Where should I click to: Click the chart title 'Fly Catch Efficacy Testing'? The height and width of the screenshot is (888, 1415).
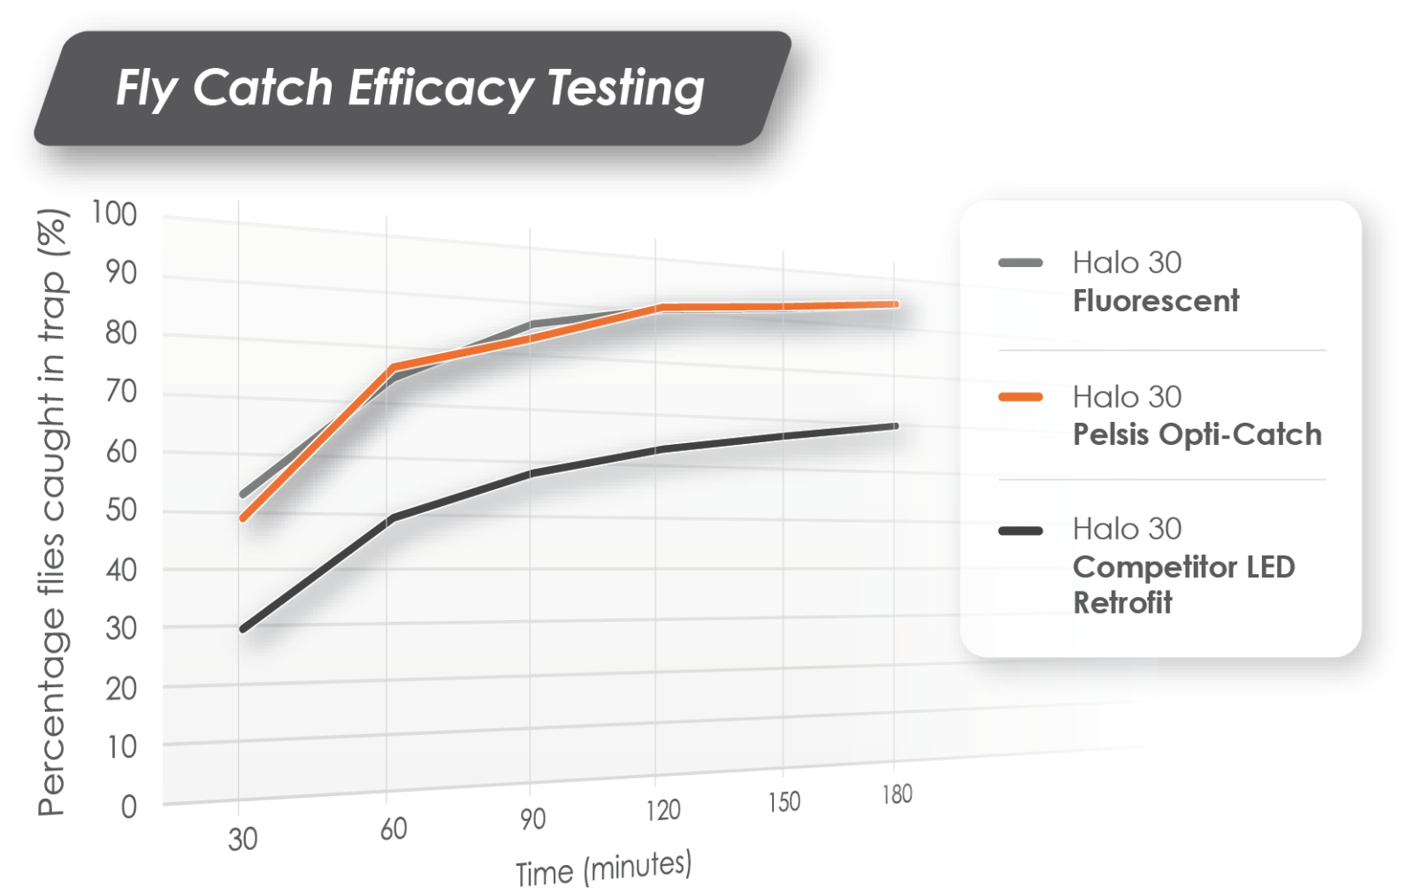tap(409, 88)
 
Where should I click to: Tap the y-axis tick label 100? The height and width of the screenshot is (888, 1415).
tap(114, 213)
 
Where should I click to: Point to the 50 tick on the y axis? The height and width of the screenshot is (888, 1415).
tap(121, 510)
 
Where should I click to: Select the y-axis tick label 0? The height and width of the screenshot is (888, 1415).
tap(129, 807)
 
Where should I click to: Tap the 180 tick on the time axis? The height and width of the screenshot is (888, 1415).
tap(897, 793)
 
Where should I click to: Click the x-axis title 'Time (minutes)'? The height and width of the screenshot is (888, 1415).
tap(603, 868)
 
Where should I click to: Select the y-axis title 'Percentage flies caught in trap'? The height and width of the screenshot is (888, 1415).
tap(52, 513)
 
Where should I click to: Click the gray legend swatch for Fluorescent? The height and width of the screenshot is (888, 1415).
tap(1021, 263)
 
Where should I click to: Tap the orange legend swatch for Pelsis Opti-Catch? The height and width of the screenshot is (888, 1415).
tap(1021, 397)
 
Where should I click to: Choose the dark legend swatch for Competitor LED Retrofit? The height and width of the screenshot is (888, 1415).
tap(1021, 531)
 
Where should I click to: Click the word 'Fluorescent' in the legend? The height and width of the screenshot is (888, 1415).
tap(1156, 301)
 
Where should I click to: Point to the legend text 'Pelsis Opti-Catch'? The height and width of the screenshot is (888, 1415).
tap(1197, 434)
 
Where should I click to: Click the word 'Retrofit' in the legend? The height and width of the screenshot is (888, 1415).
tap(1122, 603)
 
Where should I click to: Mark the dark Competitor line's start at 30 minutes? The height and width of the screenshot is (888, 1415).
tap(242, 629)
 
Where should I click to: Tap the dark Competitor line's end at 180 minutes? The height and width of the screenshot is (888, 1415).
tap(895, 426)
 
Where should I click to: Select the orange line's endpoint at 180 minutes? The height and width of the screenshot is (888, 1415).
tap(895, 304)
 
